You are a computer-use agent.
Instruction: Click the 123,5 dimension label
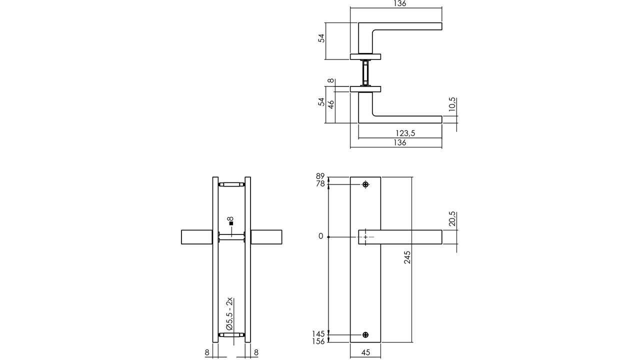tap(405, 133)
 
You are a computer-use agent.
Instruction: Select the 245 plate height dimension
tap(407, 257)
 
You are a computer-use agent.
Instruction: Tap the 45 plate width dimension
tap(365, 352)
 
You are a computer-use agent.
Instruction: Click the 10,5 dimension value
tap(452, 106)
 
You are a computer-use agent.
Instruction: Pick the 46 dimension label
tap(330, 103)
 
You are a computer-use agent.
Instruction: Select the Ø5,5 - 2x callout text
tap(229, 313)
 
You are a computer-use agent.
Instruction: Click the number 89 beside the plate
tap(320, 176)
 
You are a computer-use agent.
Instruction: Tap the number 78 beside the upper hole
tap(320, 184)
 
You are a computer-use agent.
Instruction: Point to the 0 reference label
tap(321, 236)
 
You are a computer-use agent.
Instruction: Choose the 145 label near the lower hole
tap(318, 333)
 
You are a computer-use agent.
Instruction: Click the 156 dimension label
tap(318, 341)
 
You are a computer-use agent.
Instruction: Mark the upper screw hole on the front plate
tap(366, 185)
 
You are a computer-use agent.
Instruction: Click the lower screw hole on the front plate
tap(366, 335)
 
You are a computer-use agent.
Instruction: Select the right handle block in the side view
tap(266, 237)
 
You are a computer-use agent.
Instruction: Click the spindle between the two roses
tap(366, 73)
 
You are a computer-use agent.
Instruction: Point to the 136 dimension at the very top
tap(399, 3)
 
